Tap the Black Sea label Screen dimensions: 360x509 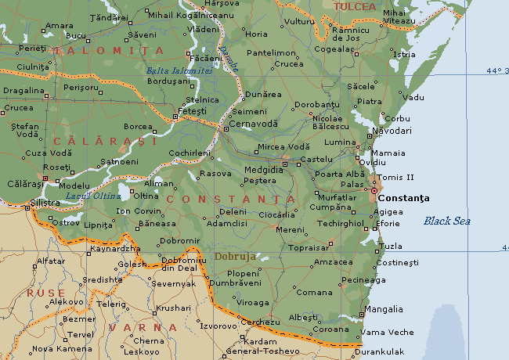446,221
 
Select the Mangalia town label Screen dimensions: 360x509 384,309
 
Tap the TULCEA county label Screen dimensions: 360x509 354,7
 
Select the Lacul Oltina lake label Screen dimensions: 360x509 88,196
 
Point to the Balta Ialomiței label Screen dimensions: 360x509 179,70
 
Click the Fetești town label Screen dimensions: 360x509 192,111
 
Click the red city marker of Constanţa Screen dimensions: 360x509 374,190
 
